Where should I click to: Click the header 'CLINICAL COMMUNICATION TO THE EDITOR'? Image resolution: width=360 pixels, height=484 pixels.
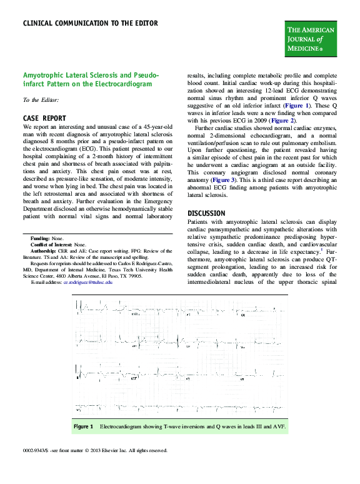(90, 24)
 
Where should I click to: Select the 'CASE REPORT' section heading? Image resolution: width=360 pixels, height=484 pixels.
(44, 118)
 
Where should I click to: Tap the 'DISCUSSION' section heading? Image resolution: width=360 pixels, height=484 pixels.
(206, 213)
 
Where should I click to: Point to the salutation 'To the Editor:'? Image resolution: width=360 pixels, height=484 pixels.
(41, 99)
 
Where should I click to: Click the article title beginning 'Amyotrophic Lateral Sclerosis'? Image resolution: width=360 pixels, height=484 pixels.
(91, 79)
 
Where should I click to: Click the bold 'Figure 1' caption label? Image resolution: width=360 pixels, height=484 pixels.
(83, 426)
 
